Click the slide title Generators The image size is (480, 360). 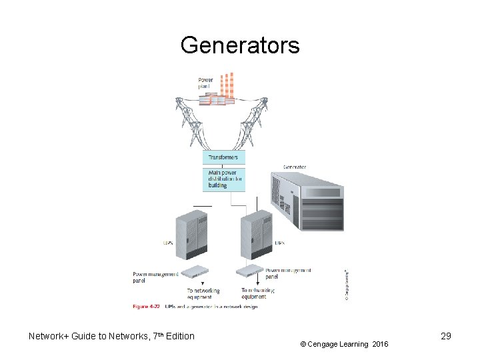[x=240, y=46]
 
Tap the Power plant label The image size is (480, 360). [x=205, y=83]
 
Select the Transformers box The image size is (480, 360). [x=224, y=157]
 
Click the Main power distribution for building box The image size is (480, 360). [x=224, y=179]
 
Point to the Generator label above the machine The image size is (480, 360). [x=295, y=167]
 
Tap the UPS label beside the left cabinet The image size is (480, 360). [x=168, y=243]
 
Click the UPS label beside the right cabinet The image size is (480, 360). [x=279, y=243]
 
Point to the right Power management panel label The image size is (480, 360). [x=288, y=273]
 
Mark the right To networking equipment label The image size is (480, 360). [x=257, y=294]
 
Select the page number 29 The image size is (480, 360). [x=445, y=336]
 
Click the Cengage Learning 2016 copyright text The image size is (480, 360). [x=343, y=344]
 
